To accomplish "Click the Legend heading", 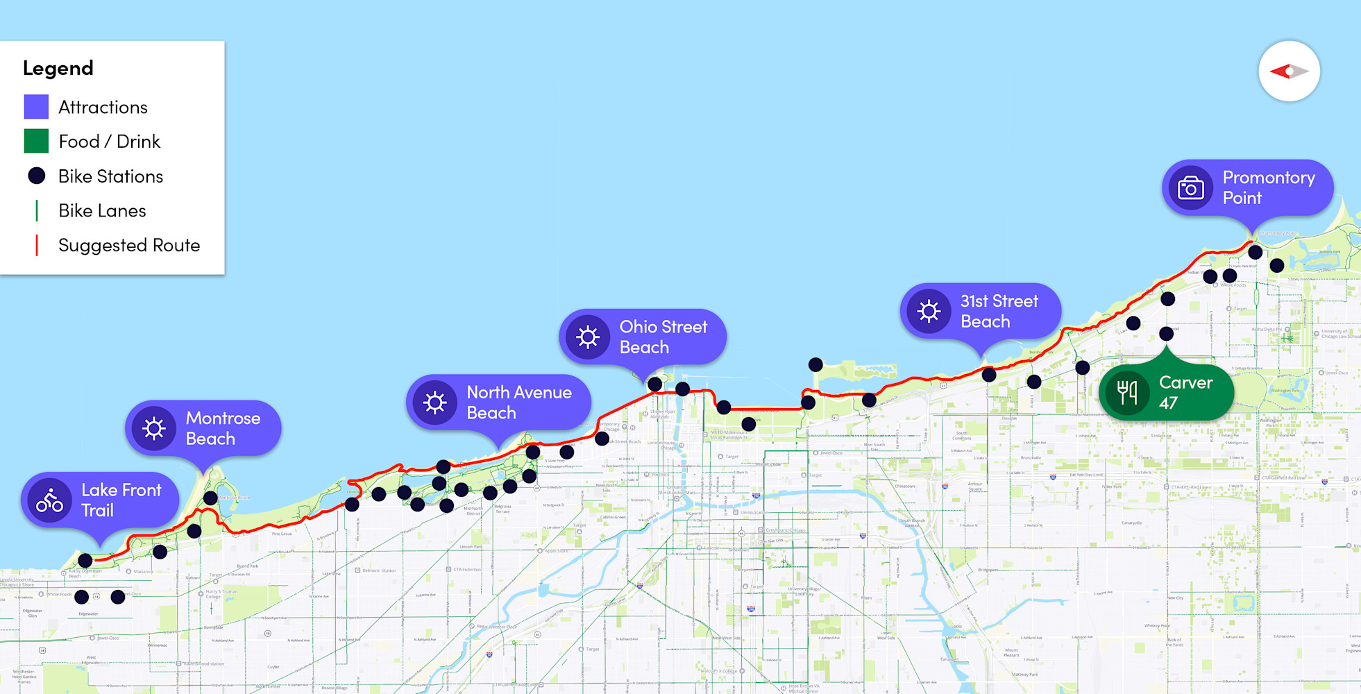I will click(x=58, y=68).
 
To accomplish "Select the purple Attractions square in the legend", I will click(x=36, y=107).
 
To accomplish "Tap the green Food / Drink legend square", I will click(x=36, y=141).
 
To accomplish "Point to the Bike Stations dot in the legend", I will click(x=37, y=176).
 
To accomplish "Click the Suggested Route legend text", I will click(x=129, y=245).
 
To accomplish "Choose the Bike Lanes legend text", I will click(x=102, y=210).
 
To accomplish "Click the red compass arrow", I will click(x=1280, y=71).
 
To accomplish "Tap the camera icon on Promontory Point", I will click(x=1191, y=187).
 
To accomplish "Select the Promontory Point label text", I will click(x=1268, y=187).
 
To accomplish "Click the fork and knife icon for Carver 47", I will click(x=1127, y=393).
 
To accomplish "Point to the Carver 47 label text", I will click(x=1185, y=392).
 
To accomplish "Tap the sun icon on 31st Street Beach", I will click(x=929, y=311).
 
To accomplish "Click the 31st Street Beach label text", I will click(x=999, y=311).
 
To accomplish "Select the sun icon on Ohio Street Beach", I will click(x=588, y=337).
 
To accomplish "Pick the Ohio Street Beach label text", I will click(x=663, y=337).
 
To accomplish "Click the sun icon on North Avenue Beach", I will click(x=435, y=403).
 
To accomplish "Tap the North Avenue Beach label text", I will click(x=518, y=403).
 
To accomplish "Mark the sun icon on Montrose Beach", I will click(x=154, y=428).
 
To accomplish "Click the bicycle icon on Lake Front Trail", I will click(x=50, y=500).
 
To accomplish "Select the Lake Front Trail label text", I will click(x=121, y=500).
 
